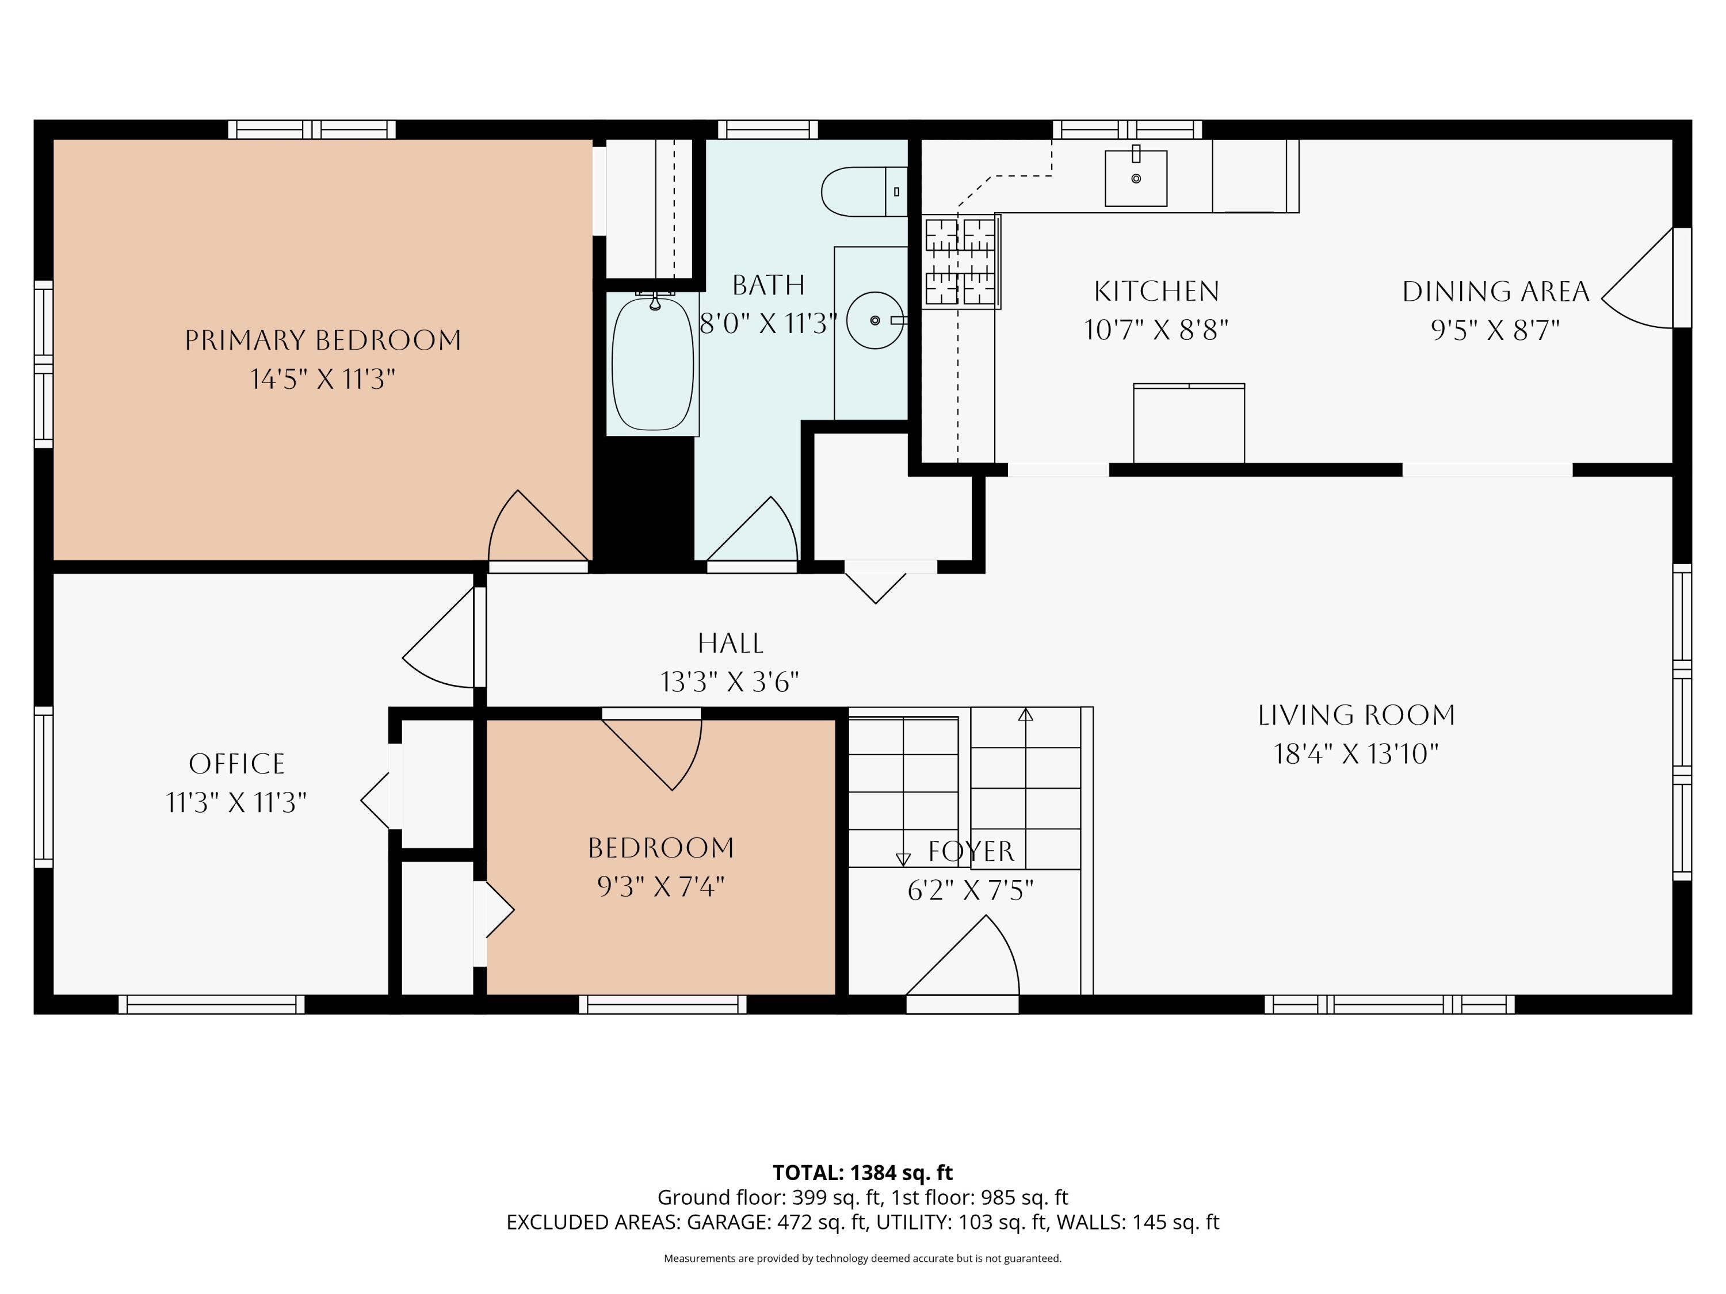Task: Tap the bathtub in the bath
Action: (653, 364)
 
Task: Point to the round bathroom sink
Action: (875, 320)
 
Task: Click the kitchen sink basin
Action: (1136, 179)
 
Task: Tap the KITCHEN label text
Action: (1156, 292)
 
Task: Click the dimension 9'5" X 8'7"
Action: (1495, 331)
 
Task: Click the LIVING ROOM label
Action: (1356, 715)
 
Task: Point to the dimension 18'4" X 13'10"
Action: (1356, 754)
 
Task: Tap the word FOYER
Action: (972, 851)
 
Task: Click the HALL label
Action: (730, 644)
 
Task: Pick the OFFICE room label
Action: (237, 764)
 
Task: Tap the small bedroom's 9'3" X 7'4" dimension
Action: (661, 887)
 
